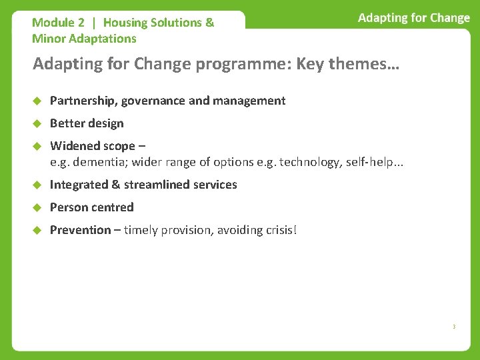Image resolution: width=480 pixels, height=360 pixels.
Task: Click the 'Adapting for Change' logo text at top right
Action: coord(413,18)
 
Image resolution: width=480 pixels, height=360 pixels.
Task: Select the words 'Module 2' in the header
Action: coord(58,23)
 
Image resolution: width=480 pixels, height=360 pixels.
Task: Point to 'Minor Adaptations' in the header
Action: coord(84,39)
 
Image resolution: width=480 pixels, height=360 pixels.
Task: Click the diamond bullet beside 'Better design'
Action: coord(37,123)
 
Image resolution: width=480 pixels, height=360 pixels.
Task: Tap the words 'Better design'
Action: coord(87,123)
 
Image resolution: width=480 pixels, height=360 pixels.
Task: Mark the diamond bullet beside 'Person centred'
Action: coord(37,207)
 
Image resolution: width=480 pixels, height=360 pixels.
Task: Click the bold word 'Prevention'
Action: coord(80,230)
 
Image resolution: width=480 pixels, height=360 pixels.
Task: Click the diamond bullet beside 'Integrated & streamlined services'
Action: coord(37,185)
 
